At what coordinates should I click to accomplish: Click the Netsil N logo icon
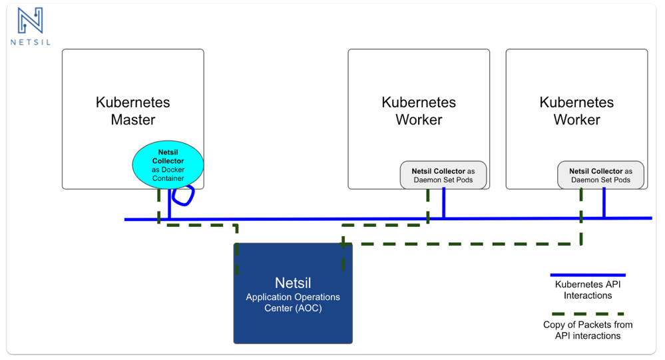[x=30, y=21]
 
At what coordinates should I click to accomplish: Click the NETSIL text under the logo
[x=31, y=43]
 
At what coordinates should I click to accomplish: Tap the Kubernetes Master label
[x=132, y=110]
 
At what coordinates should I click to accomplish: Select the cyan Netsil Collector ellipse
[x=168, y=165]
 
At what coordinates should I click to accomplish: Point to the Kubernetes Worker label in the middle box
[x=419, y=110]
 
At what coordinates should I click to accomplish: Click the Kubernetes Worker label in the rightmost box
[x=576, y=110]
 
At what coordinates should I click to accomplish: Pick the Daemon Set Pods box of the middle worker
[x=443, y=175]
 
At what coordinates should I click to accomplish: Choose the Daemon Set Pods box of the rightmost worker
[x=600, y=175]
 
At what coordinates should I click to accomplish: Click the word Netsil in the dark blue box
[x=293, y=283]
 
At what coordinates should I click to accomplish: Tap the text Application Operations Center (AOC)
[x=293, y=302]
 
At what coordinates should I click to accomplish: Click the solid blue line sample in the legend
[x=588, y=275]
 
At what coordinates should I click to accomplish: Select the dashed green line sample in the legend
[x=588, y=314]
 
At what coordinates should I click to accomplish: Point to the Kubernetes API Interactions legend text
[x=588, y=290]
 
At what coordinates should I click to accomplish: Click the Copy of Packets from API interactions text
[x=588, y=330]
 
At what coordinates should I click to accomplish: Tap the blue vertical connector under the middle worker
[x=443, y=203]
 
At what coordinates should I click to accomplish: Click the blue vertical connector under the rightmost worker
[x=604, y=203]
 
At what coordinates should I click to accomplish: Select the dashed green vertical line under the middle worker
[x=428, y=206]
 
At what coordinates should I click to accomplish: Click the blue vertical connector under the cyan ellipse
[x=169, y=204]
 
